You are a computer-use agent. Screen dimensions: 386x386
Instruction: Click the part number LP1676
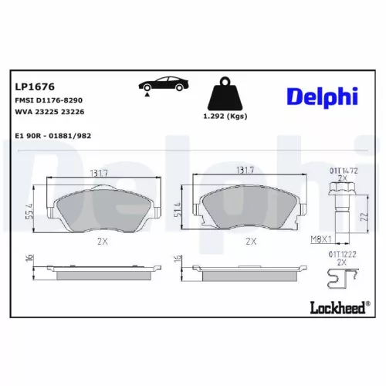30,86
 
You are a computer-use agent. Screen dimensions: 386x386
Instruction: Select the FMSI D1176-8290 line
49,100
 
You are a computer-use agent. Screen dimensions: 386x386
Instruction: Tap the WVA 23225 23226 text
49,112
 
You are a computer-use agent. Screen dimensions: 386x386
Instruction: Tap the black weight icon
225,95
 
